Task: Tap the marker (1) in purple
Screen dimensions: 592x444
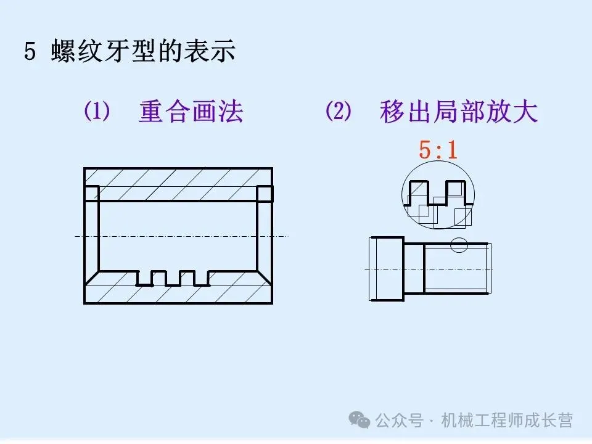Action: click(x=97, y=112)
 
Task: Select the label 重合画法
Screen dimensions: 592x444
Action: click(x=191, y=112)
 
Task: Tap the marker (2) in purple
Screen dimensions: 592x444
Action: click(x=338, y=112)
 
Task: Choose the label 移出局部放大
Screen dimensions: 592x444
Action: click(x=459, y=112)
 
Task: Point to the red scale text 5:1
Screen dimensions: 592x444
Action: click(x=438, y=150)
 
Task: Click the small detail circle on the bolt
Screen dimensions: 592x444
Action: click(x=459, y=245)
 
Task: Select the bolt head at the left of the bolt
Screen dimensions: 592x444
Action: click(x=387, y=269)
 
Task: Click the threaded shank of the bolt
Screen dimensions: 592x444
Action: click(x=456, y=268)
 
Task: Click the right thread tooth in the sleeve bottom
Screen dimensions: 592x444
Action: click(x=187, y=278)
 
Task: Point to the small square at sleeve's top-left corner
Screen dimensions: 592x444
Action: click(x=91, y=193)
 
